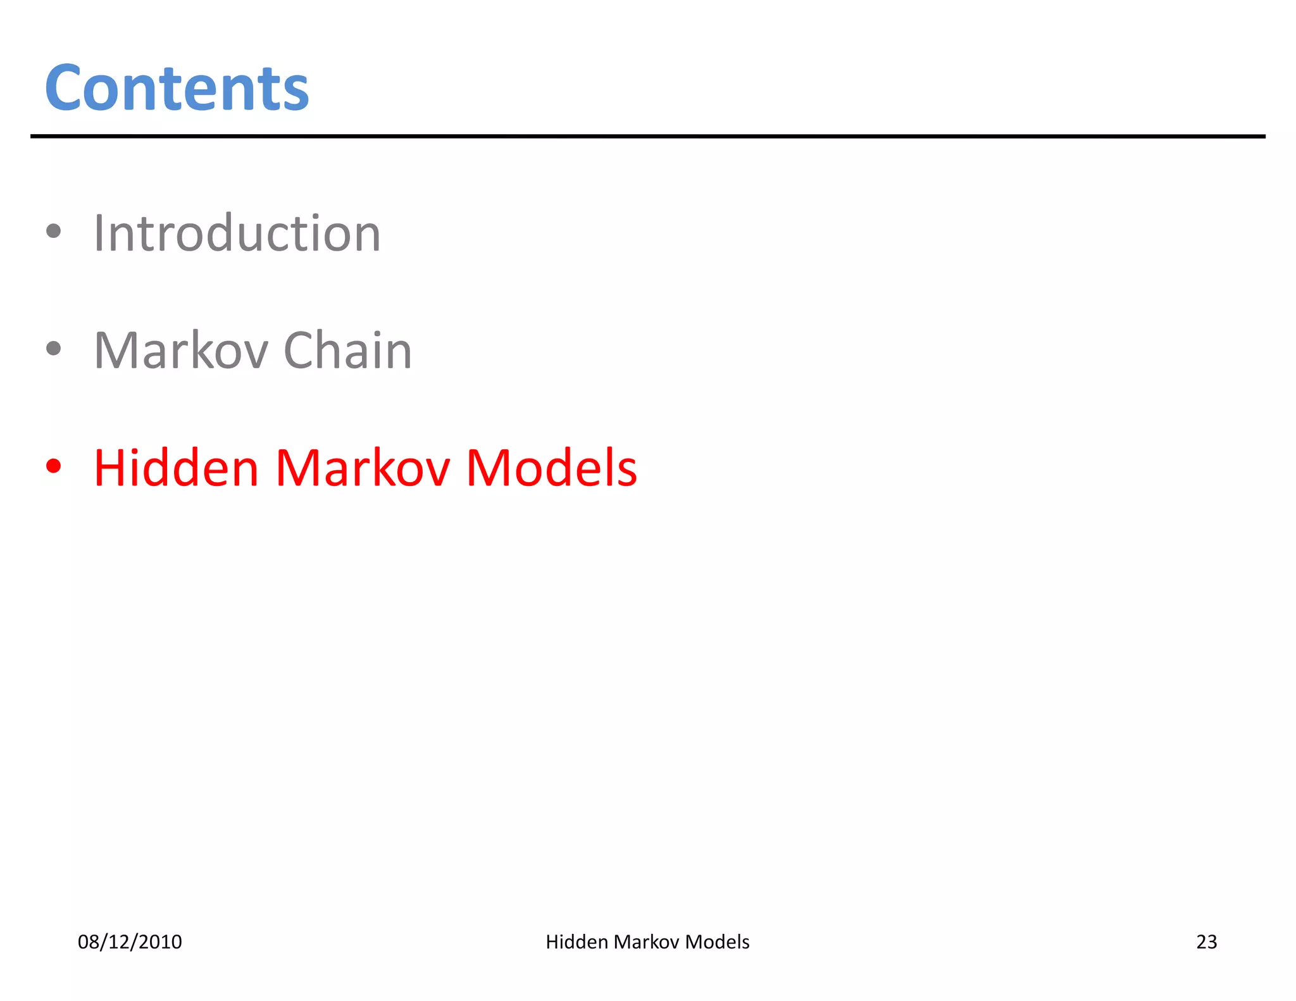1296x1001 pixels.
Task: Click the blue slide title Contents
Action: [x=177, y=89]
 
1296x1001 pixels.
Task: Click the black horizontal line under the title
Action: [x=647, y=136]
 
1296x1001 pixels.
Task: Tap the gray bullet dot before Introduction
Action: [x=54, y=232]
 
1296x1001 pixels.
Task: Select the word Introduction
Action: [x=237, y=233]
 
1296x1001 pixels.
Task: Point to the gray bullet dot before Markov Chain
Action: [x=54, y=348]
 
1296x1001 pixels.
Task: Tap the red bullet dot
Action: [x=54, y=466]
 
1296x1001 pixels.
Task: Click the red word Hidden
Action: [x=177, y=468]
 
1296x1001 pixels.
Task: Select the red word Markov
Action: [x=363, y=468]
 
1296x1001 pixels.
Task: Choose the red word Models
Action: [x=551, y=468]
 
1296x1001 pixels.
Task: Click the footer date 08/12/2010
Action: [x=130, y=942]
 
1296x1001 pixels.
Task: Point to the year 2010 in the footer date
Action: [x=160, y=942]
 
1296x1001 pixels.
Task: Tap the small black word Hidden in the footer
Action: [x=576, y=942]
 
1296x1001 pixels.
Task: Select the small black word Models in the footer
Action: [x=717, y=942]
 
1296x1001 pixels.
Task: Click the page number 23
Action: [x=1206, y=942]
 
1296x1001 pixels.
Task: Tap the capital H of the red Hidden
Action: [x=111, y=468]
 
